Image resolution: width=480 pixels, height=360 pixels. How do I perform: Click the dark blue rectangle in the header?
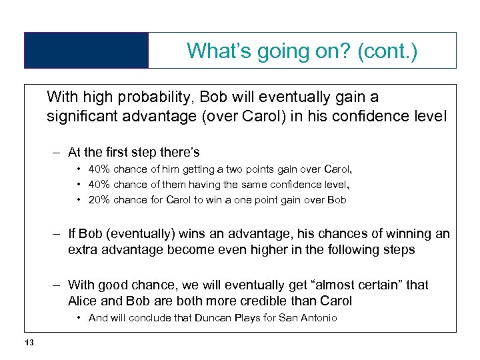click(87, 51)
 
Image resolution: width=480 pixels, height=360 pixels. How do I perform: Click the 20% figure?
click(99, 200)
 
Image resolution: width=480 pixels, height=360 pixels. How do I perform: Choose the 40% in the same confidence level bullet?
click(99, 185)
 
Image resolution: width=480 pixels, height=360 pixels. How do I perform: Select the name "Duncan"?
click(211, 318)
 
